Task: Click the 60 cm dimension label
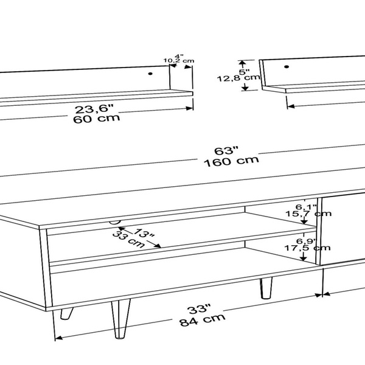coord(97,119)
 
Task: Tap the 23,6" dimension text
coord(94,108)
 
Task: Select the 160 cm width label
coord(231,161)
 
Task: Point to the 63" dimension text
coord(226,151)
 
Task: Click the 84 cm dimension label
coord(203,320)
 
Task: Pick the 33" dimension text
coord(200,309)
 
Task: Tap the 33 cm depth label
coord(128,240)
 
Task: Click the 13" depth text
coord(145,233)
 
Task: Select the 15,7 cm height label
coord(308,214)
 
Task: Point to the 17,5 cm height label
coord(307,248)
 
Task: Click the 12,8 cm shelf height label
coord(238,78)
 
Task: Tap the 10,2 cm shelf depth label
coord(179,61)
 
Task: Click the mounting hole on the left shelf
coord(150,74)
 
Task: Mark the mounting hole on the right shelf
coord(287,67)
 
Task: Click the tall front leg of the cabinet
coord(120,319)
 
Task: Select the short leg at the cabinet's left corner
coord(66,313)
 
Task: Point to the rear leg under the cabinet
coord(266,288)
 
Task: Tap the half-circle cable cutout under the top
coord(115,222)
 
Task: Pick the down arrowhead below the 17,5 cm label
coord(303,259)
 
